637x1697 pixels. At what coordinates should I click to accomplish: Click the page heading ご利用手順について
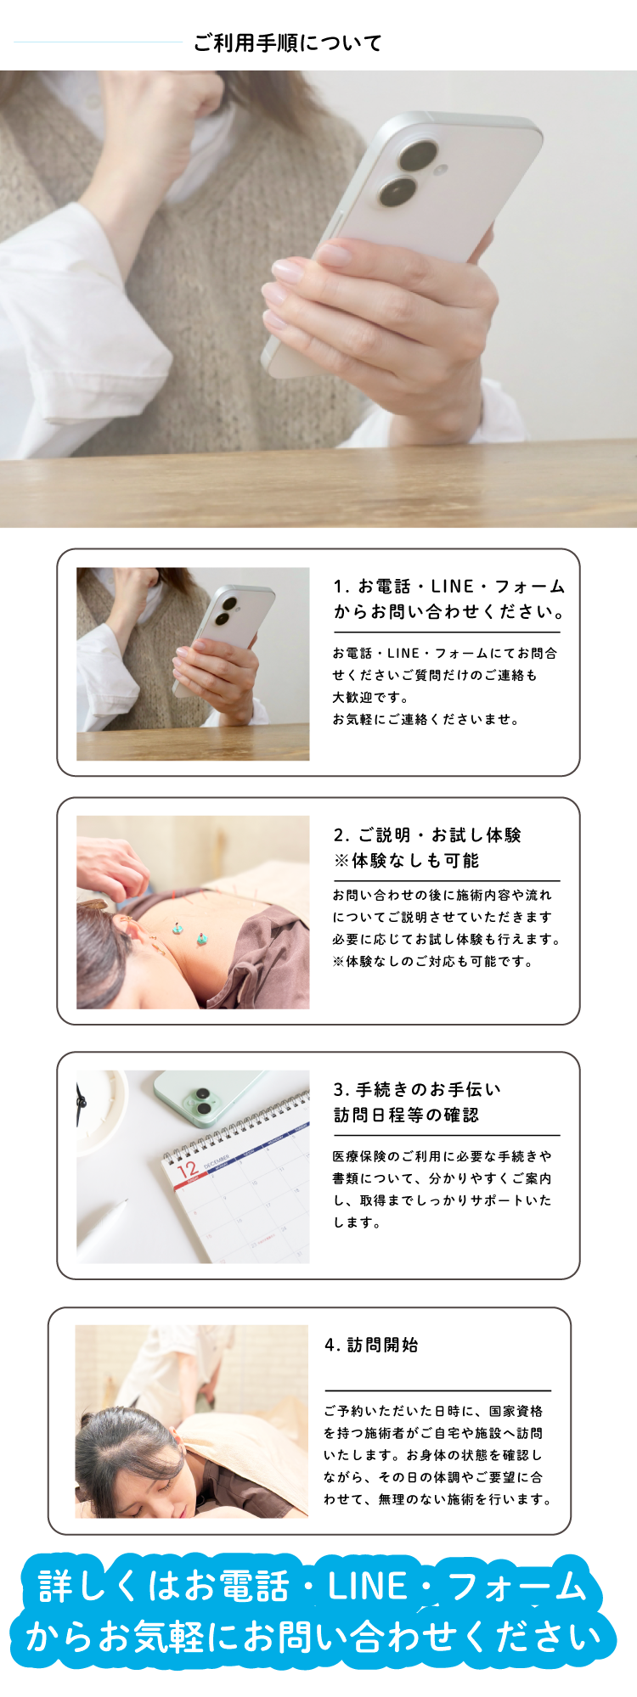click(288, 42)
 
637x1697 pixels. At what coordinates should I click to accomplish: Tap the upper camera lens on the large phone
click(416, 157)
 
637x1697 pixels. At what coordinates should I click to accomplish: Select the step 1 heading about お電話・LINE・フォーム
click(449, 598)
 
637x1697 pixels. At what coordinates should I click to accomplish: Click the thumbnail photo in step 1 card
click(193, 664)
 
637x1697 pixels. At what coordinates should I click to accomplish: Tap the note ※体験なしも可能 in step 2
click(406, 861)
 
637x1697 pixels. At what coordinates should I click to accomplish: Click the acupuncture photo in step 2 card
click(193, 913)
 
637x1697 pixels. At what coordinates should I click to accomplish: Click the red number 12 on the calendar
click(188, 1170)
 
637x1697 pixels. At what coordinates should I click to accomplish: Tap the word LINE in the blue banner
click(367, 1586)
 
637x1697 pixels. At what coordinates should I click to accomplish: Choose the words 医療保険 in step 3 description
click(359, 1156)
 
